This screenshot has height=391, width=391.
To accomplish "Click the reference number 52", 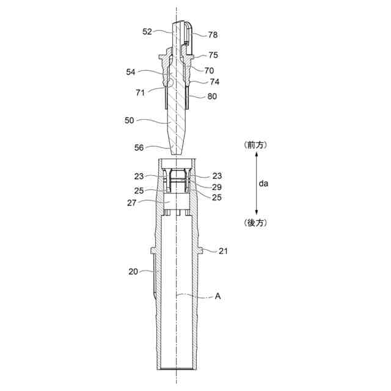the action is click(147, 32).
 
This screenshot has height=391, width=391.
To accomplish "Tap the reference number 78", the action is click(213, 35).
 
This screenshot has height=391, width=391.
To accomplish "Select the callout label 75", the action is click(213, 55).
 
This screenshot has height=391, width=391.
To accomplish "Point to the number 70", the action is click(209, 71).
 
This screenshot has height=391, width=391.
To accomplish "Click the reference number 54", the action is click(131, 72).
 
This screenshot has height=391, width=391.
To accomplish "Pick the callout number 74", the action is click(214, 82).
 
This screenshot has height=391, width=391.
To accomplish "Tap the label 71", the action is click(140, 93).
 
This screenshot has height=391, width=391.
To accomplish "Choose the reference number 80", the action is click(212, 97).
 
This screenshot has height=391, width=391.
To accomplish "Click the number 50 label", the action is click(129, 121).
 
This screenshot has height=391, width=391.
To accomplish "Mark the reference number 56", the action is click(139, 148).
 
